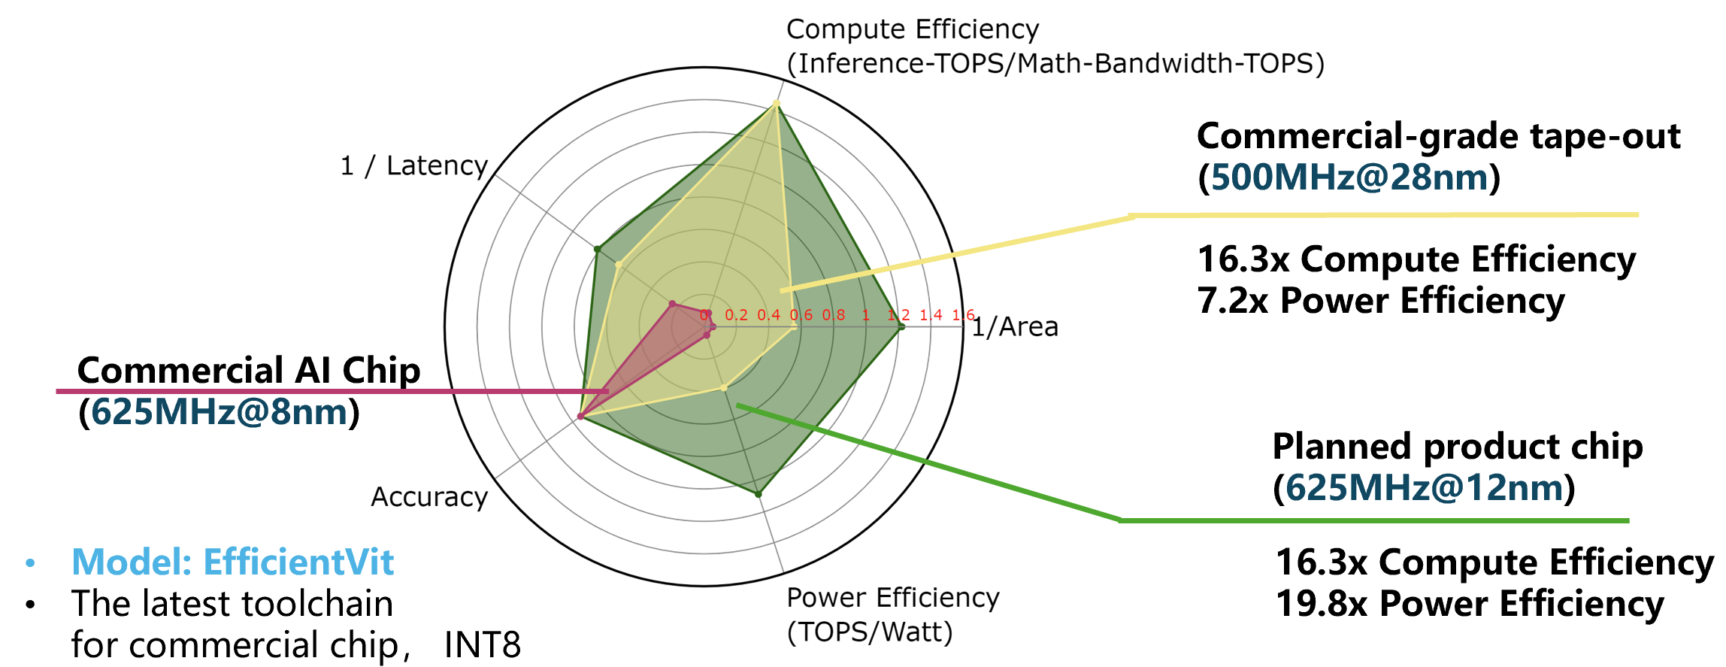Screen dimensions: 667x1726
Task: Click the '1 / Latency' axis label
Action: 414,165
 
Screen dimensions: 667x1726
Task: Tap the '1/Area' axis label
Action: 1016,327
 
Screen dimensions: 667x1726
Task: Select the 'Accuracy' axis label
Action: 429,497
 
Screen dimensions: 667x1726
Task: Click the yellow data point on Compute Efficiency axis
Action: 777,104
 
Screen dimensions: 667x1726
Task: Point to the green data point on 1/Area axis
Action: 901,327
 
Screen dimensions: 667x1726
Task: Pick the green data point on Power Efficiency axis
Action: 759,494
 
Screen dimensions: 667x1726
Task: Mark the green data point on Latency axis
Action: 597,249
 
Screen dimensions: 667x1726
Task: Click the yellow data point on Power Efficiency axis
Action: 724,388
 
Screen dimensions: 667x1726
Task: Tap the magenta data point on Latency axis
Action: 672,305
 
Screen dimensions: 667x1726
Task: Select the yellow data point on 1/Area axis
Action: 794,327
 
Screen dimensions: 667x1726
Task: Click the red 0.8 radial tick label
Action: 834,315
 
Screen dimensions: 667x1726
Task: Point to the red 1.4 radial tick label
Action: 931,315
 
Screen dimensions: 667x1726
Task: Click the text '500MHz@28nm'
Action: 1349,177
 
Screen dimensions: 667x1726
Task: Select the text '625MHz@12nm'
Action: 1425,488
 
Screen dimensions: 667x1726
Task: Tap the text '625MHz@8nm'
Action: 220,412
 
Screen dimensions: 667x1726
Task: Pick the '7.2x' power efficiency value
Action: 1233,301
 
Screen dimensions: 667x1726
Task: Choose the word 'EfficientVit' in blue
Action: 298,562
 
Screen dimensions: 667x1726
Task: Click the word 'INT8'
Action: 483,645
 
